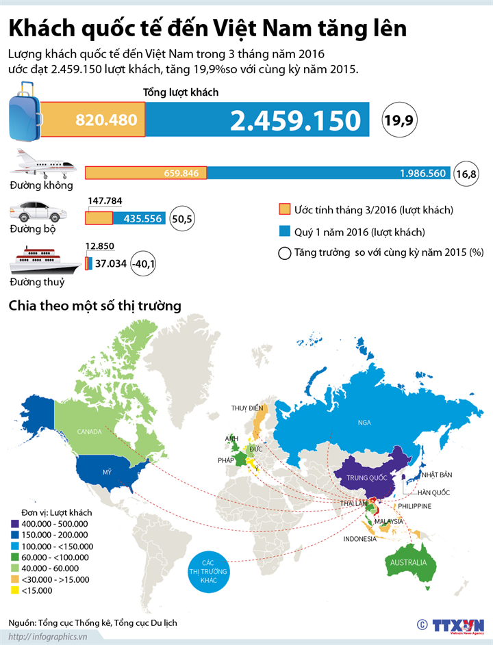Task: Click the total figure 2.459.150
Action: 295,120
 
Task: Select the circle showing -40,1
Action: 143,263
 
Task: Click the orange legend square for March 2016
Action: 284,209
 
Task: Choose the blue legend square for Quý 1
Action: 284,231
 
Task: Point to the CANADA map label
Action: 89,432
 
